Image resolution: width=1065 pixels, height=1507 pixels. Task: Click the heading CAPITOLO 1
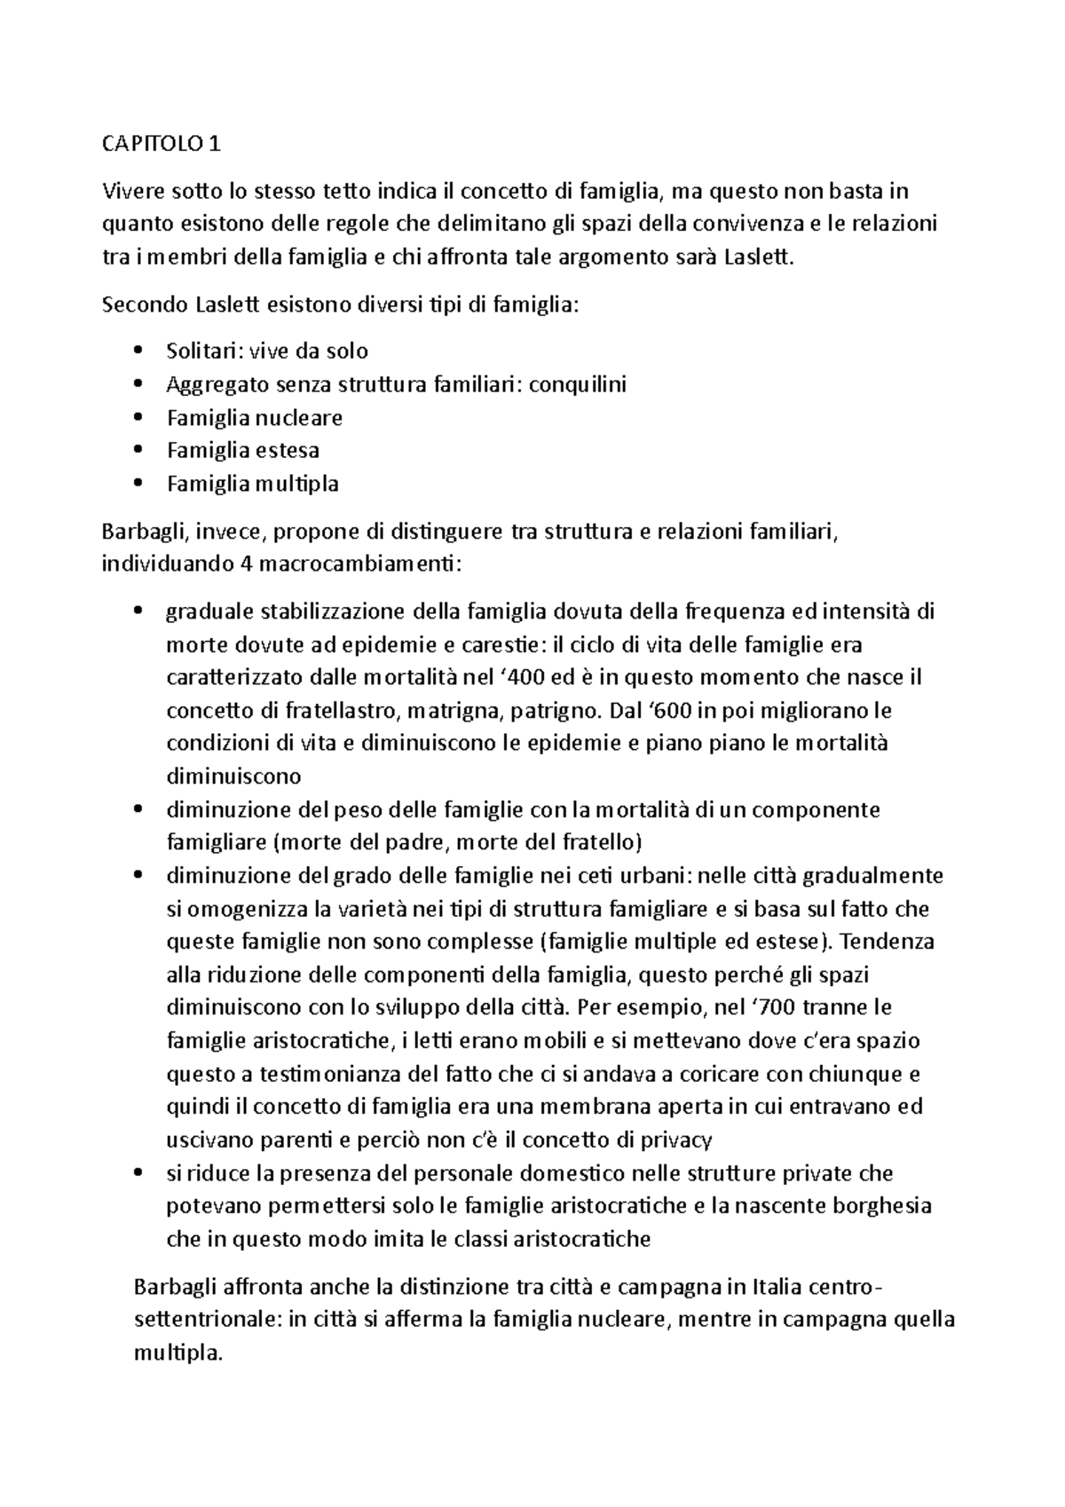[161, 144]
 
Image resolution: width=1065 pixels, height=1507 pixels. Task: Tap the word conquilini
[578, 384]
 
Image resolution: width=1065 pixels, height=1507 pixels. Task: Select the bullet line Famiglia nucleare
[255, 417]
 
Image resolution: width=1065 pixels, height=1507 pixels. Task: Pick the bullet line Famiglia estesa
[243, 450]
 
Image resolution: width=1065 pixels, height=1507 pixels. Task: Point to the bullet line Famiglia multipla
[253, 484]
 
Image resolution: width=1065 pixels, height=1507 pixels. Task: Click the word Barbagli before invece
[144, 532]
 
